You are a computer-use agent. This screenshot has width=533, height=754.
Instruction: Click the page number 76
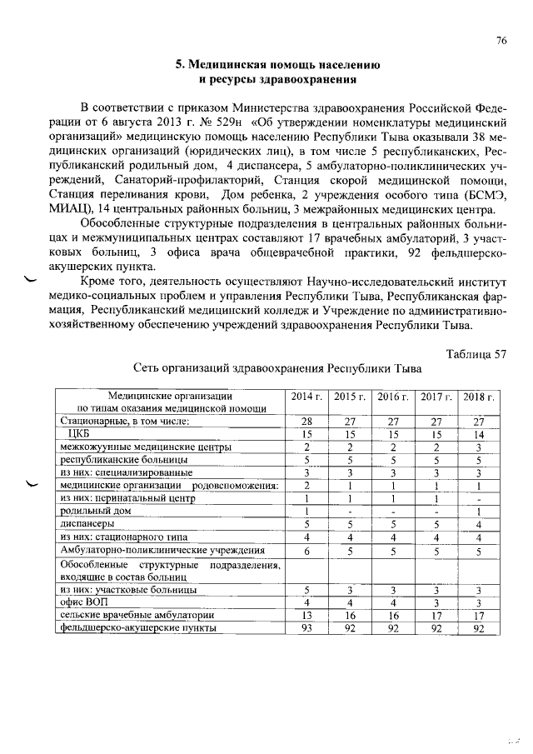click(x=501, y=40)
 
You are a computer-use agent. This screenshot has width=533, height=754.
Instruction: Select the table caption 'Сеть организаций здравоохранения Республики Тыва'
click(x=278, y=367)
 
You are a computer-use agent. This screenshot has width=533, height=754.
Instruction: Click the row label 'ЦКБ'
click(x=77, y=434)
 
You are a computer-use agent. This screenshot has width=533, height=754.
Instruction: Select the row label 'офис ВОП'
click(x=83, y=602)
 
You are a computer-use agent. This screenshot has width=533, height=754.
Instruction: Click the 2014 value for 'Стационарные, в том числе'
click(x=306, y=422)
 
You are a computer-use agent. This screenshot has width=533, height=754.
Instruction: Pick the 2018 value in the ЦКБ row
click(x=478, y=434)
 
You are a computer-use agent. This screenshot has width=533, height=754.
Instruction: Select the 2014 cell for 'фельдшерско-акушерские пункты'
click(x=306, y=628)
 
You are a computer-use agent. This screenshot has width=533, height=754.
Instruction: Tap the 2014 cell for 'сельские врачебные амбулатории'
click(x=306, y=615)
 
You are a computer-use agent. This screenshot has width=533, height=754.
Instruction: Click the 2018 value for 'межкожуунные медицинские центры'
click(x=478, y=447)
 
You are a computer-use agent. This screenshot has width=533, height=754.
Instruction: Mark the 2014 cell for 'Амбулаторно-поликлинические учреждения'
click(x=306, y=551)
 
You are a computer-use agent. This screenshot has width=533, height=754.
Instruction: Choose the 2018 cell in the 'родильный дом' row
click(x=478, y=511)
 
